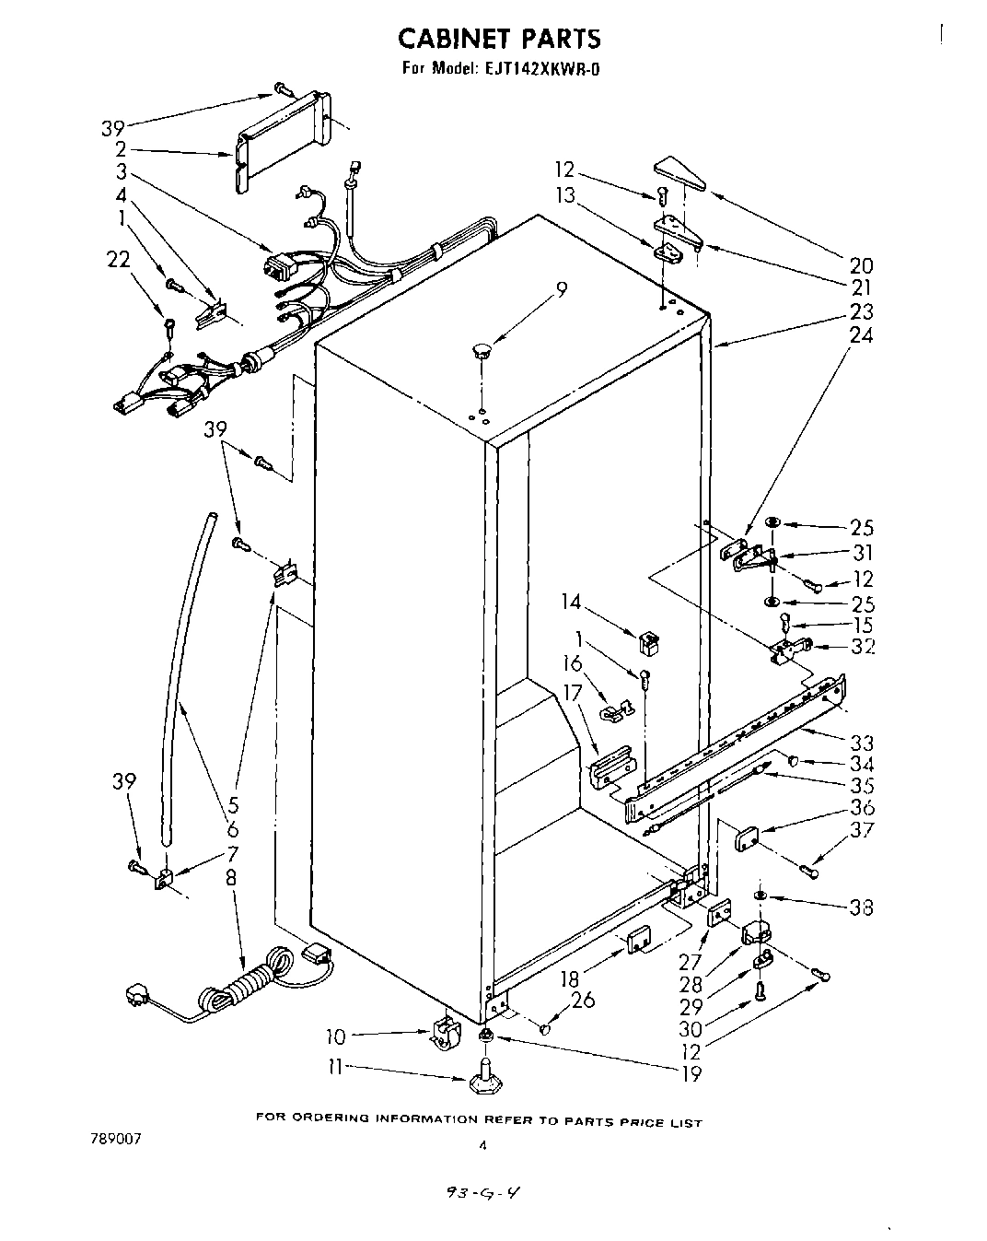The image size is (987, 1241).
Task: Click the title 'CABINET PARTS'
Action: pyautogui.click(x=499, y=39)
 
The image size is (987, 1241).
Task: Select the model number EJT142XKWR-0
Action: pyautogui.click(x=538, y=68)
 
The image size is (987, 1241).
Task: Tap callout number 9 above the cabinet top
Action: pyautogui.click(x=561, y=288)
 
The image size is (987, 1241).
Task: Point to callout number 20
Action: pyautogui.click(x=861, y=265)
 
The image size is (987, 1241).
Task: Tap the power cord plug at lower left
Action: pyautogui.click(x=138, y=997)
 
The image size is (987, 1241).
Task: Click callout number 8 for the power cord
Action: pyautogui.click(x=230, y=878)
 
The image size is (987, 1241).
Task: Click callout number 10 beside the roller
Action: pyautogui.click(x=336, y=1037)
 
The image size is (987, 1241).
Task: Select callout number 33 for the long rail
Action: pyautogui.click(x=862, y=743)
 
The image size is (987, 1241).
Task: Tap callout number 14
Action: pyautogui.click(x=571, y=602)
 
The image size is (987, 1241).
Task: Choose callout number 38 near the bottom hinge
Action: pyautogui.click(x=862, y=907)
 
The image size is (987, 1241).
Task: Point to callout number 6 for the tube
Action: pyautogui.click(x=232, y=830)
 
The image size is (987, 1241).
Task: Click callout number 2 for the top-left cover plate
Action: pyautogui.click(x=121, y=149)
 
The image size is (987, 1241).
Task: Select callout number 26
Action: pyautogui.click(x=582, y=1000)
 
